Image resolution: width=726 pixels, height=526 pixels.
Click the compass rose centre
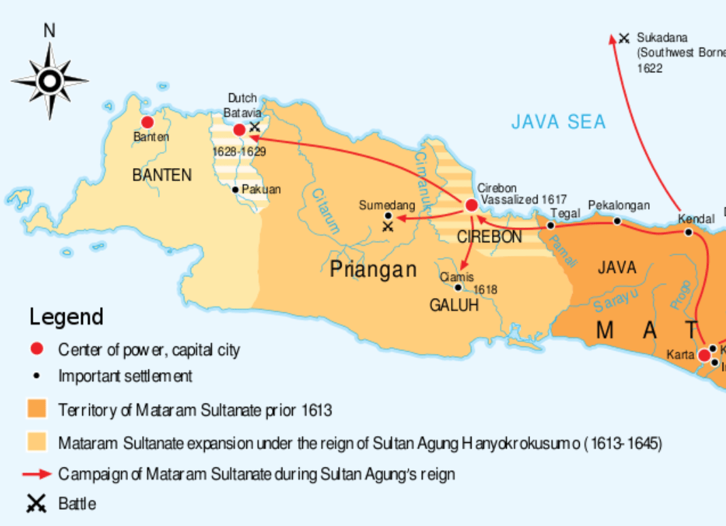49,81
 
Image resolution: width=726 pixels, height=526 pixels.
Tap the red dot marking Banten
147,122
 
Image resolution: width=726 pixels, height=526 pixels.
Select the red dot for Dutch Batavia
240,129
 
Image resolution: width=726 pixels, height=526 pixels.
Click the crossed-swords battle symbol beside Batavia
254,126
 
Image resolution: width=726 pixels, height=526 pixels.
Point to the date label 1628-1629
238,152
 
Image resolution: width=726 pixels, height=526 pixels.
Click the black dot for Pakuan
235,189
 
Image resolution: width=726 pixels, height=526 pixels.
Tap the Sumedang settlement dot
388,216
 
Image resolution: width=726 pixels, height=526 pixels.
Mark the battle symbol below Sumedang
388,226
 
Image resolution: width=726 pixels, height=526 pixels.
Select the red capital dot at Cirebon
471,205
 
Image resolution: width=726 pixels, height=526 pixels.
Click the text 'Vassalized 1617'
523,199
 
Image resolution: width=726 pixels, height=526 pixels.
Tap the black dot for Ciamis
458,287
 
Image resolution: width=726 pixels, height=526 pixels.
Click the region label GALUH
454,306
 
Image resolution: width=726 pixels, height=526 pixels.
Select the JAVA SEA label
558,122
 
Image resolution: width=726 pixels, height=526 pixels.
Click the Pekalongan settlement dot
617,220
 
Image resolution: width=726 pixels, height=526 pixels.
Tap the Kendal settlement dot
689,232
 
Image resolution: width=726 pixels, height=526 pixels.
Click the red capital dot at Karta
704,355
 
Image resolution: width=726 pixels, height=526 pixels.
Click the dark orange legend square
37,409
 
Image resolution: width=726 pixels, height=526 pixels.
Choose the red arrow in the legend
37,474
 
